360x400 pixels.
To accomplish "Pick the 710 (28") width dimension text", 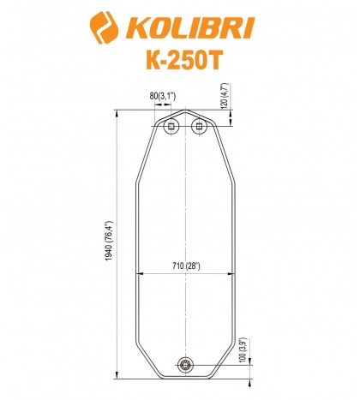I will pyautogui.click(x=184, y=266).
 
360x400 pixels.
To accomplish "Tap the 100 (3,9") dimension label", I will pyautogui.click(x=243, y=351).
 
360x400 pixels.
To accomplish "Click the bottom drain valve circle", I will pyautogui.click(x=185, y=366).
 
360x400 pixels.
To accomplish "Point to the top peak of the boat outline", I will pyautogui.click(x=185, y=109).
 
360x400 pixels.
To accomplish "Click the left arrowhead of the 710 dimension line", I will pyautogui.click(x=138, y=273).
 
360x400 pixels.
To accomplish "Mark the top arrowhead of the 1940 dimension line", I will pyautogui.click(x=116, y=112).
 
